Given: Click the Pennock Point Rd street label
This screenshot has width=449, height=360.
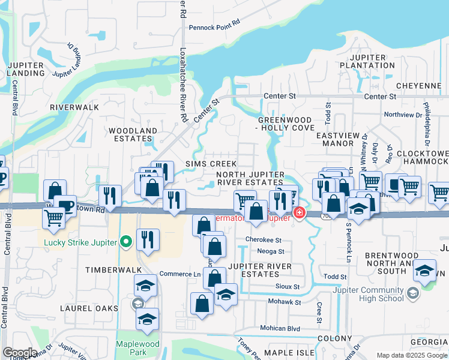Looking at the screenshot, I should [214, 28].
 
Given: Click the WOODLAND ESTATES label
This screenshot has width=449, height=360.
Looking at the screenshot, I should [132, 134].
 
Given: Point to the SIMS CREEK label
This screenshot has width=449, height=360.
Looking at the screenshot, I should [211, 164].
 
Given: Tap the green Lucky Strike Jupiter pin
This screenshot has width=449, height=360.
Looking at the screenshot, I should [125, 242].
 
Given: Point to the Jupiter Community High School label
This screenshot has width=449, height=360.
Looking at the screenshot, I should [372, 293].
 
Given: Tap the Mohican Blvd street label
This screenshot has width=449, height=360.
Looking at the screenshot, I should [280, 328].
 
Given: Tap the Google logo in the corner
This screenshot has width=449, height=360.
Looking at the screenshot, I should [19, 353].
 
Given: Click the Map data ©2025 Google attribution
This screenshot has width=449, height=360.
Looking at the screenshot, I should [411, 355].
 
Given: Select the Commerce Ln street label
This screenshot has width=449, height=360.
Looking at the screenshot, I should [179, 274].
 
